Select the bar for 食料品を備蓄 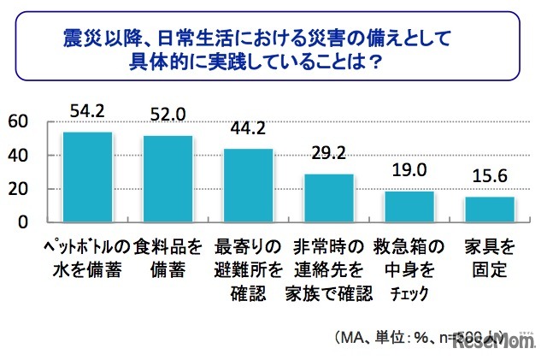pos(168,179)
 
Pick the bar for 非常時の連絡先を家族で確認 pos(329,198)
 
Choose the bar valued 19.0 pos(409,206)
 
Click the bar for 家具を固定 pos(490,210)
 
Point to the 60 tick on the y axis pos(16,122)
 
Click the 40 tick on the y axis pos(16,156)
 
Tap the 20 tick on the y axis pos(16,189)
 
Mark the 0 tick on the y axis pos(22,222)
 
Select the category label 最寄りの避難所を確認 pos(248,270)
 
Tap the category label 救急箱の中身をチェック pos(409,270)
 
